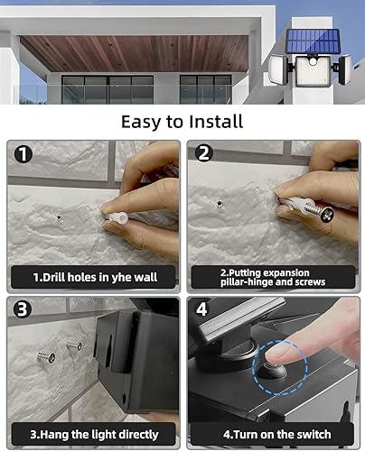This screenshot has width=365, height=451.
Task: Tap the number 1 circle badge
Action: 24,153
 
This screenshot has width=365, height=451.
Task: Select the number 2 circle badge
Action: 204,153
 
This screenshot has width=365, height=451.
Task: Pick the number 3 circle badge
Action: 24,310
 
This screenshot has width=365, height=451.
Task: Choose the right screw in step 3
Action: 74,345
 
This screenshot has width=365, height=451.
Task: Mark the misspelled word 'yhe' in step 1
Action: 123,277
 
